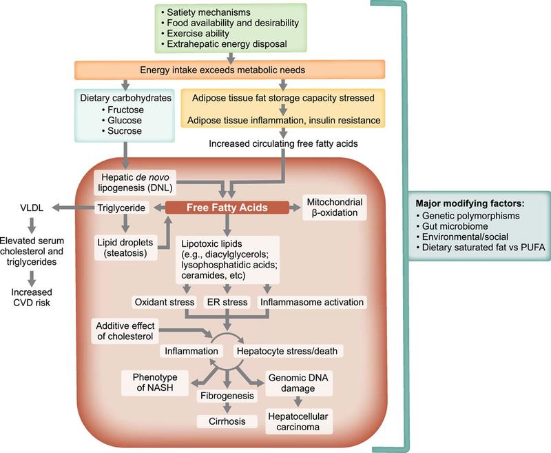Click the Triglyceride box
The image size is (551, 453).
click(x=123, y=206)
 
